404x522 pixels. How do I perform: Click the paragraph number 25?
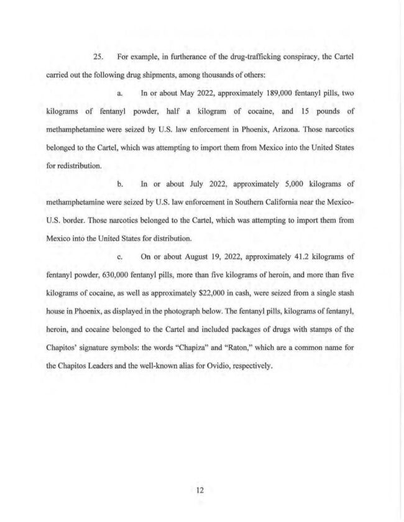click(97, 57)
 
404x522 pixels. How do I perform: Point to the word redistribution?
click(72, 166)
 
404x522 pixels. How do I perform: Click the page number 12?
click(200, 490)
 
